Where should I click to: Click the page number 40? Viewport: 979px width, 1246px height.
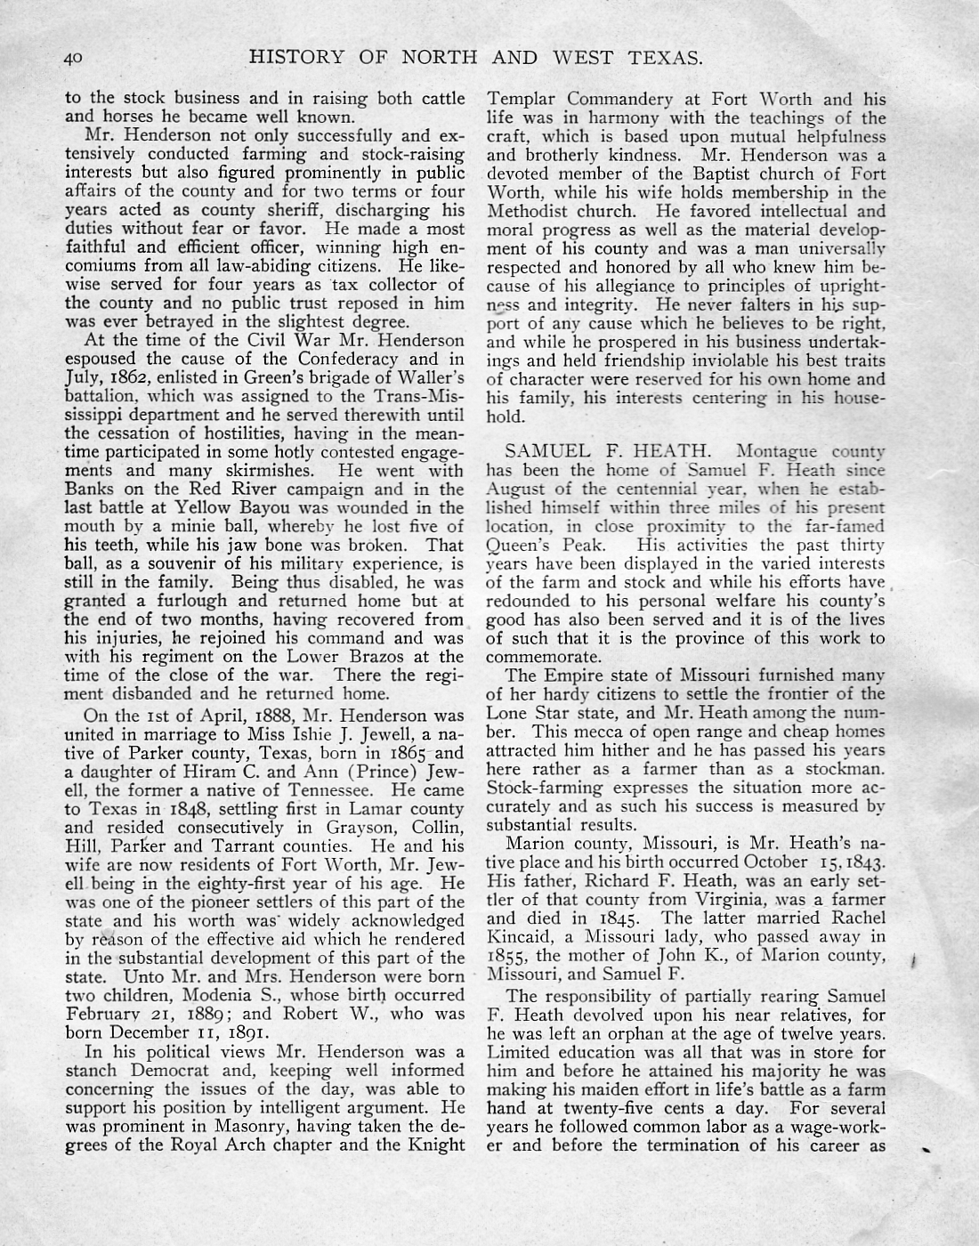point(72,60)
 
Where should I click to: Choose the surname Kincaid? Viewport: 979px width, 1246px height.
point(522,936)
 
